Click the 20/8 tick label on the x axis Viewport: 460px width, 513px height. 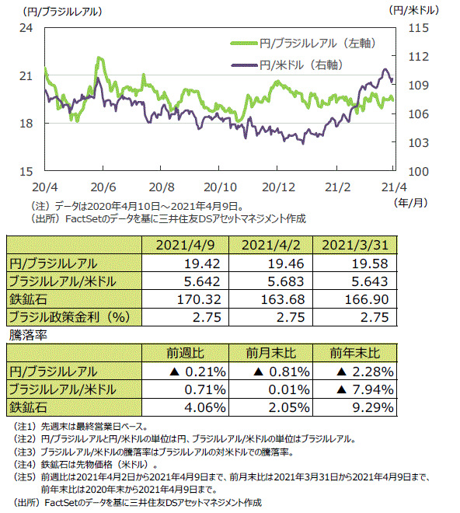[162, 187]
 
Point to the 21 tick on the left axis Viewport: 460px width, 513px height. [26, 76]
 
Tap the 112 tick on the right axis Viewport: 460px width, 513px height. [419, 57]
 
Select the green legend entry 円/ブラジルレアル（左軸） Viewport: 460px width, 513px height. [303, 44]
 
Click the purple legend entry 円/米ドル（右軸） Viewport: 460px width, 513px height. [287, 65]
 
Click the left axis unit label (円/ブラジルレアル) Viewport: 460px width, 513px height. [62, 12]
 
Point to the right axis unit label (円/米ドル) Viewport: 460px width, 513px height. [414, 10]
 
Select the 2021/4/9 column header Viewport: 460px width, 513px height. [185, 245]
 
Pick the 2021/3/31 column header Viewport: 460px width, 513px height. [355, 245]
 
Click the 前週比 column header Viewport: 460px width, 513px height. [185, 353]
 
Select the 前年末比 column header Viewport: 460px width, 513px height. [355, 353]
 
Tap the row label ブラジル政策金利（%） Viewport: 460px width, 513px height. [69, 317]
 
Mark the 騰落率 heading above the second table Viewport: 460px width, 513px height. [28, 335]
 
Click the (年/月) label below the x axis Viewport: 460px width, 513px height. [411, 203]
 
